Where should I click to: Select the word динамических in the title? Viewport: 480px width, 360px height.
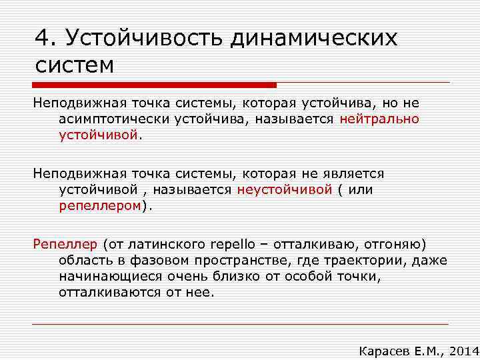tap(313, 37)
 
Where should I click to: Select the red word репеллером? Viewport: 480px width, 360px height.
tap(101, 205)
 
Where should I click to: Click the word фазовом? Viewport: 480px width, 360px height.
tap(155, 259)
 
